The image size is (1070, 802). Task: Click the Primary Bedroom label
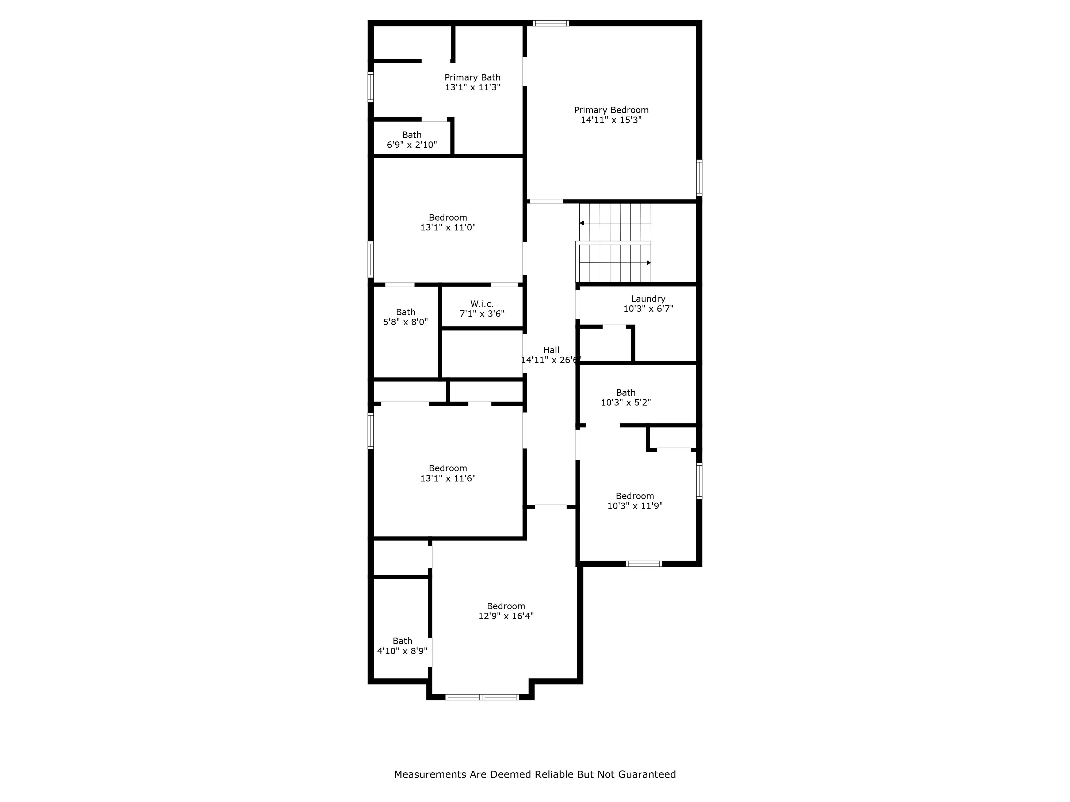(611, 110)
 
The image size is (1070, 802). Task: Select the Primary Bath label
(472, 77)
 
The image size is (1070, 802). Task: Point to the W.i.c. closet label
(482, 304)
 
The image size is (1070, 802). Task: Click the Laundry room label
(648, 299)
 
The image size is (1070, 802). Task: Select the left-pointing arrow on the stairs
(582, 223)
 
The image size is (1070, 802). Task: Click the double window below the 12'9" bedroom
(482, 697)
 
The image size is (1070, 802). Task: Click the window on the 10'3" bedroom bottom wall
(643, 564)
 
